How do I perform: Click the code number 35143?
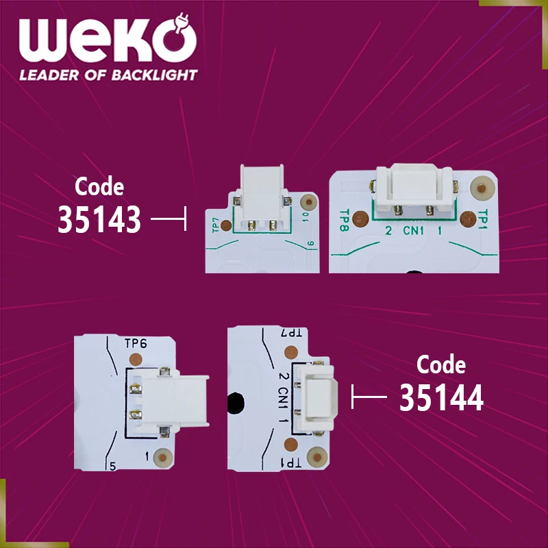click(99, 220)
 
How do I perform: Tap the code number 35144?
click(441, 398)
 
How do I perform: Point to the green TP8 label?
click(345, 217)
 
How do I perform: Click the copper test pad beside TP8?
click(364, 219)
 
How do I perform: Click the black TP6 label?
click(136, 343)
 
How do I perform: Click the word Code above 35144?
click(441, 364)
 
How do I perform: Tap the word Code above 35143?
click(99, 186)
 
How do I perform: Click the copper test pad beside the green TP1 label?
click(468, 219)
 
